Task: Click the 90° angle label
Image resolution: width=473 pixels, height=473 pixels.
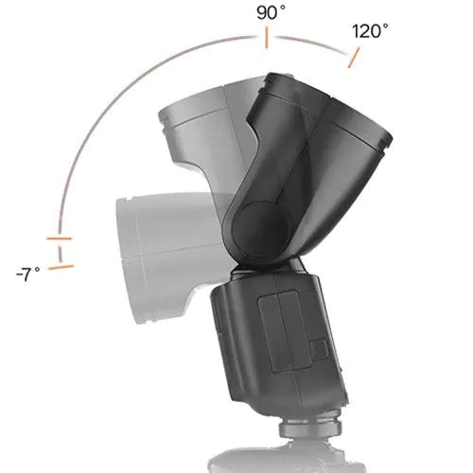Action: pos(271,13)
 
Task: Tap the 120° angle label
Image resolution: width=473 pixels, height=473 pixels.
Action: pos(370,31)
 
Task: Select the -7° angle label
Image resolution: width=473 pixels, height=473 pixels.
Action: pos(28,273)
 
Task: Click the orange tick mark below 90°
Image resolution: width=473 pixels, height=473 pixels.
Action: pos(267,39)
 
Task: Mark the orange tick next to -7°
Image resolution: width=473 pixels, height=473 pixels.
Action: pos(61,268)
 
